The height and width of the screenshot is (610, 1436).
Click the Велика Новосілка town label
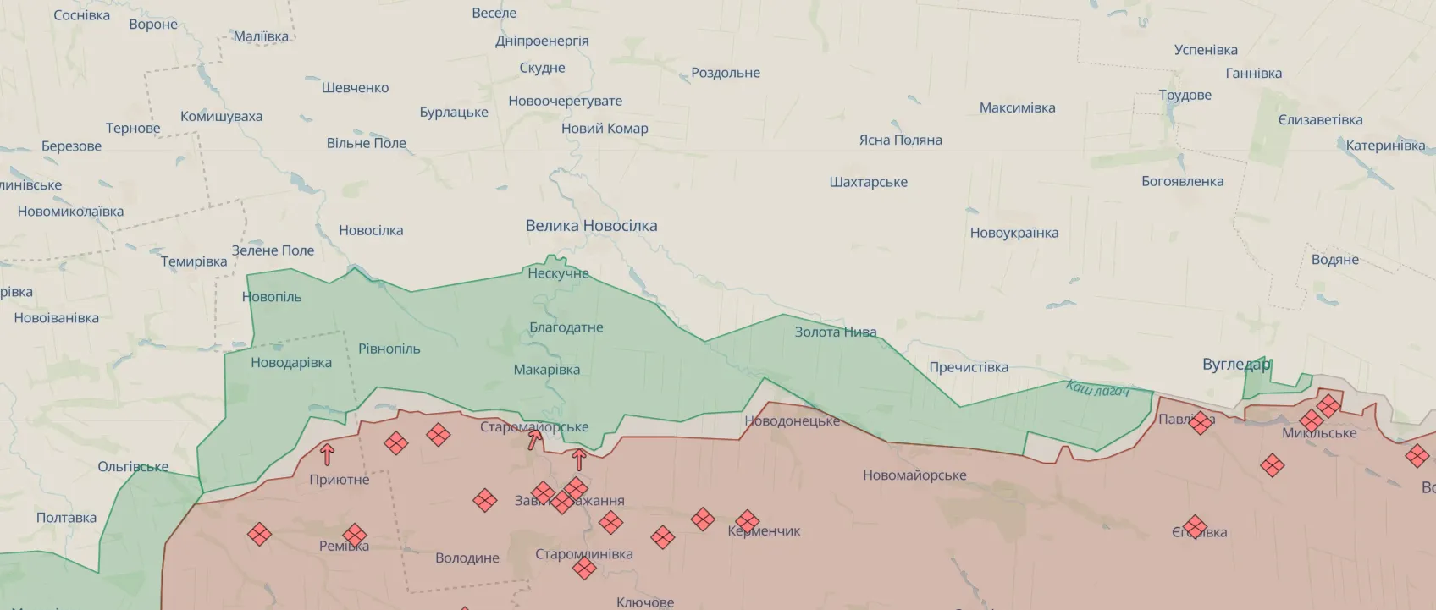click(x=591, y=226)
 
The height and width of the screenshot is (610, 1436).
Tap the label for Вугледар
click(x=1236, y=365)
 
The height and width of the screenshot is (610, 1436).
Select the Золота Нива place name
click(x=835, y=332)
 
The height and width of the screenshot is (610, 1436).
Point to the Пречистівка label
click(x=969, y=367)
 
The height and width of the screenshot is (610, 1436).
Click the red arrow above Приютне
click(x=327, y=454)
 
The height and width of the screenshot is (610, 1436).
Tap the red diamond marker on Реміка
click(x=355, y=535)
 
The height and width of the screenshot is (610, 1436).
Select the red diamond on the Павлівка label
click(x=1200, y=423)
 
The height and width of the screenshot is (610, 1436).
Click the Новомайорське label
click(x=914, y=475)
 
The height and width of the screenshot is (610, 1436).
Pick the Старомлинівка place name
click(x=583, y=554)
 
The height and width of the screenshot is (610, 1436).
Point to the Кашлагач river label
click(x=1097, y=389)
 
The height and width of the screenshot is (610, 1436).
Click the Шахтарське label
click(x=868, y=182)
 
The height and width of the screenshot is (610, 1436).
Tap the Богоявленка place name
click(x=1182, y=181)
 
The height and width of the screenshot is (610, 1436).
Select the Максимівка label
click(x=1017, y=107)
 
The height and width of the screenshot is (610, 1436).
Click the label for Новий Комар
click(x=605, y=129)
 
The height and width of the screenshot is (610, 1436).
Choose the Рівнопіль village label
click(x=389, y=349)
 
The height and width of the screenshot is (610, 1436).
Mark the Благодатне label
click(x=566, y=327)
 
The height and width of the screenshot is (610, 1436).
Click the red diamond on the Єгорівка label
click(x=1195, y=527)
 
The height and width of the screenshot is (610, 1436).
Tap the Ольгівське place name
click(x=133, y=466)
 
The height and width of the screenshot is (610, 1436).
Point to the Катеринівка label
click(x=1385, y=146)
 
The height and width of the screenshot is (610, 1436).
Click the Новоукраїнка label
click(x=1013, y=233)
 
